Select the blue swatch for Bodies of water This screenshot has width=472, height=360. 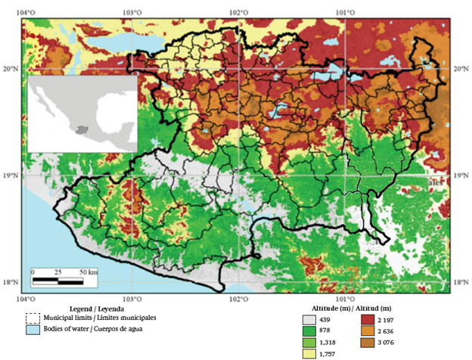[31, 331]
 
